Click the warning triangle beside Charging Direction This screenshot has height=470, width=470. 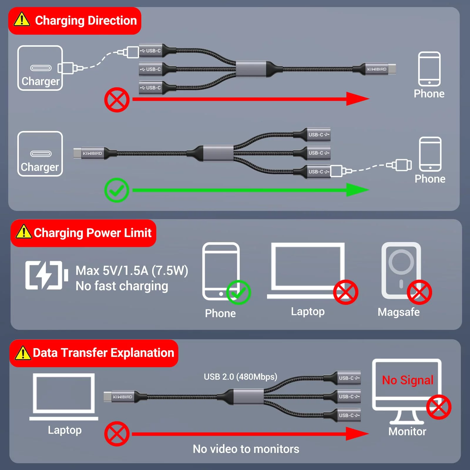click(22, 20)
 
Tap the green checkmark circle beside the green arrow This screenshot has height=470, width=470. click(117, 190)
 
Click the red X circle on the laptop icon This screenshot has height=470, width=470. click(345, 292)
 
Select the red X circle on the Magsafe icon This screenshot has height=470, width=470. click(419, 292)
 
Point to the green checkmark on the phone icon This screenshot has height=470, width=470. click(238, 292)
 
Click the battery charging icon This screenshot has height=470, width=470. click(46, 275)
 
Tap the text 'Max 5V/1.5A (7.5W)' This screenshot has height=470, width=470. click(132, 271)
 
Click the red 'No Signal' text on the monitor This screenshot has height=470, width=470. click(407, 380)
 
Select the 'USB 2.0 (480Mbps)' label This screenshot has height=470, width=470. click(240, 377)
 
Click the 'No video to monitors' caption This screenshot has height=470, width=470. click(246, 449)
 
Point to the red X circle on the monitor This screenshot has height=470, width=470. click(439, 407)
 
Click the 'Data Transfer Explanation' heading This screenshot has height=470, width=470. click(103, 353)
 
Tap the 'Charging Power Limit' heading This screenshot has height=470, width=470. click(93, 233)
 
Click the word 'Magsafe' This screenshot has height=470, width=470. click(399, 312)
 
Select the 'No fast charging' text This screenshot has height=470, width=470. click(122, 286)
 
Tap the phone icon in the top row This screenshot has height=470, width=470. click(429, 69)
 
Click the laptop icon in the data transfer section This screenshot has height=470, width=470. click(64, 397)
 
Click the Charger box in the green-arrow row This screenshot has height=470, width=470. click(40, 154)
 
